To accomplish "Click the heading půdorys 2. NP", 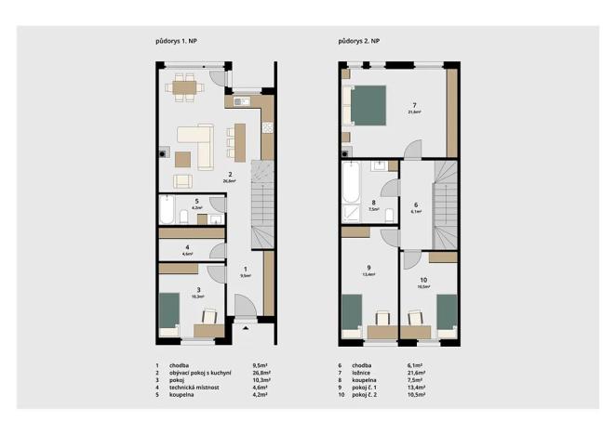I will coord(358,42).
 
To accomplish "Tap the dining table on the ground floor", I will coord(184,88).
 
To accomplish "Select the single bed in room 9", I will coord(351,314).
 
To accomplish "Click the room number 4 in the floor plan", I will coord(187,247).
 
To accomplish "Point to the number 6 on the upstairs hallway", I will coord(416,204).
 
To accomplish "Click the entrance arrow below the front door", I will coord(245,328).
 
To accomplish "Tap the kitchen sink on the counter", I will coord(239,101).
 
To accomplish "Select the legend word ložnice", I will coord(365,373).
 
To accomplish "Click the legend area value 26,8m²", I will coord(261,373).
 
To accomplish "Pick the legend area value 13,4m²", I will coord(415,388).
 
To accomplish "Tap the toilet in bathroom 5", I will coord(185,217).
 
